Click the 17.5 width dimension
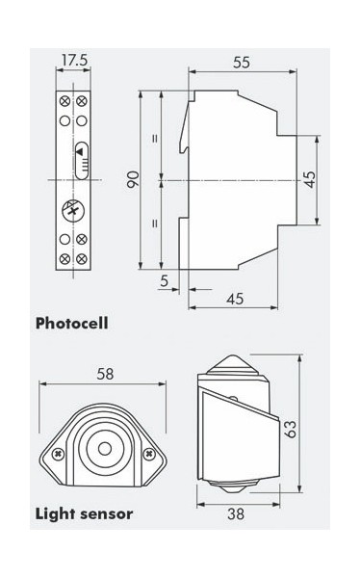74,60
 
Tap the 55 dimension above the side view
242,63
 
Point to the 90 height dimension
134,179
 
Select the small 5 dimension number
165,281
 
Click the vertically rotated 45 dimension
310,179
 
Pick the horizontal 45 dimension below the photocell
235,299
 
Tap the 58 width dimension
105,374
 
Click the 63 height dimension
291,429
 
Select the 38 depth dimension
236,513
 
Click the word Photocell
72,324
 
